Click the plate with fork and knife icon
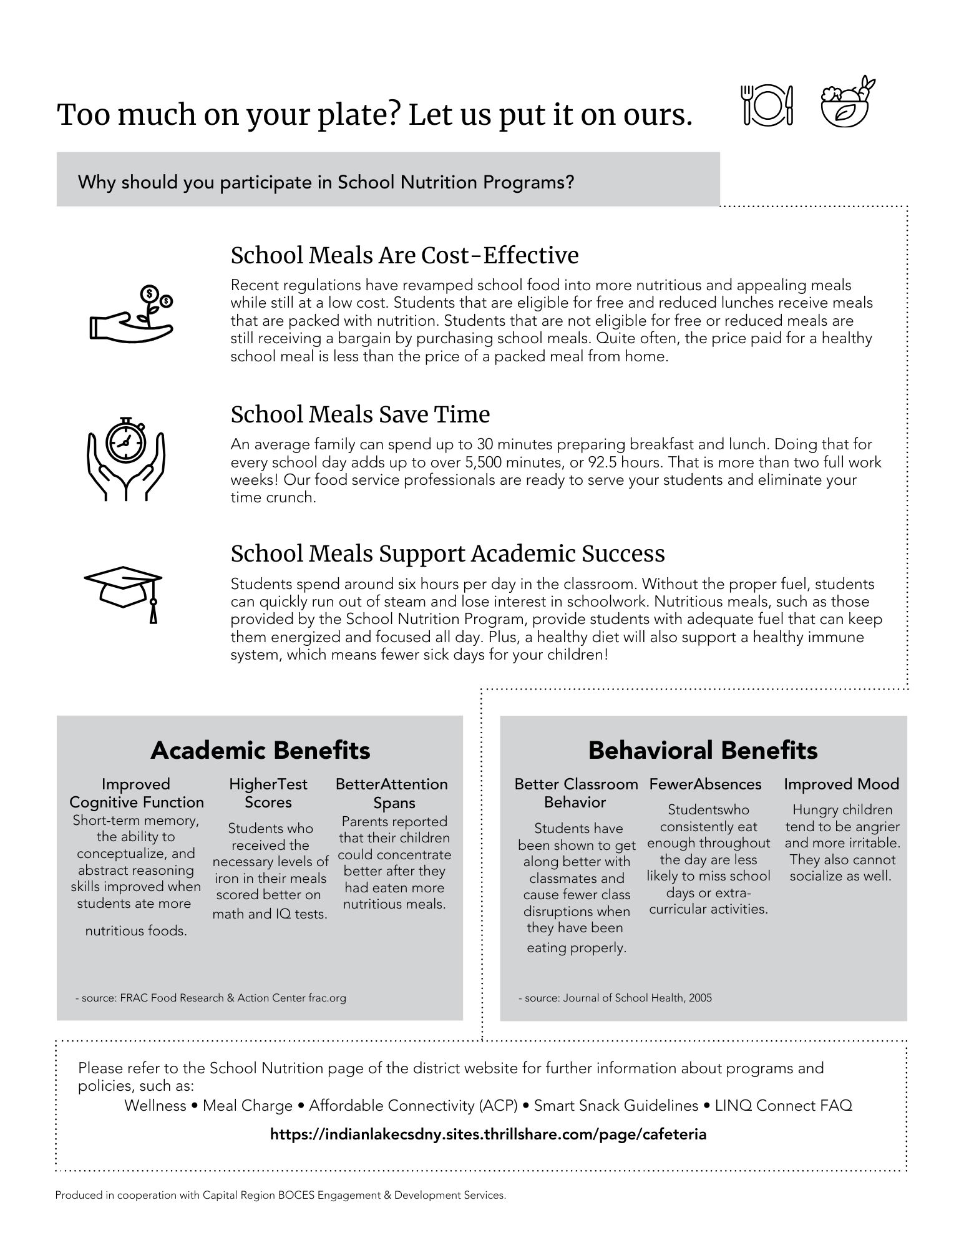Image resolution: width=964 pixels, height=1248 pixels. (767, 104)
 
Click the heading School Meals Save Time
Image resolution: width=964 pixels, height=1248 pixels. (360, 414)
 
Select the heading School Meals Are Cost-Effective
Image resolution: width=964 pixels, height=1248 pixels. (404, 255)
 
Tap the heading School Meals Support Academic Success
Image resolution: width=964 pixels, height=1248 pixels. (447, 553)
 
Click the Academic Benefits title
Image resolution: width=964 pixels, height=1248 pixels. (260, 750)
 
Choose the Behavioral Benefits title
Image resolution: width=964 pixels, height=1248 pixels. (703, 750)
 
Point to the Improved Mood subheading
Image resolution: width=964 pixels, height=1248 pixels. (841, 784)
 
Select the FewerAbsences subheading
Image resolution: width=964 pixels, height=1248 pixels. (705, 784)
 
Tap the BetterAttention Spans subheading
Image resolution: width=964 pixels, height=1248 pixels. (392, 793)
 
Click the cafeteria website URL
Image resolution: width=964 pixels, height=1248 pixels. (488, 1134)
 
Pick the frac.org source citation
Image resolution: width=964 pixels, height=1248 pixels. (211, 998)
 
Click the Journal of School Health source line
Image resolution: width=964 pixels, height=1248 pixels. (615, 998)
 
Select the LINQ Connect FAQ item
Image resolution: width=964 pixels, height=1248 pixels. (783, 1106)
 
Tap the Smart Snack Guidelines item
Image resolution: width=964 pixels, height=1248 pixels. (616, 1106)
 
